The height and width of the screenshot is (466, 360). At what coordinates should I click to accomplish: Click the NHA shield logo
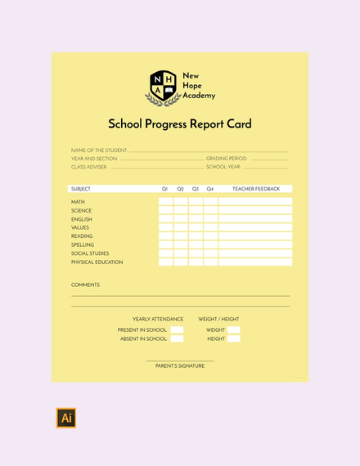coord(163,87)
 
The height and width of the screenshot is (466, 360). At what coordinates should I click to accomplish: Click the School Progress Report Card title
coord(180,124)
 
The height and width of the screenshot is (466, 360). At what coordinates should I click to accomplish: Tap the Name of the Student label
coord(99,150)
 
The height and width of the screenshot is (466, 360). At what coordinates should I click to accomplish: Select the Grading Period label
coord(226,159)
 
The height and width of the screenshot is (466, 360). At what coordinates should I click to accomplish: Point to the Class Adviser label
coord(89,167)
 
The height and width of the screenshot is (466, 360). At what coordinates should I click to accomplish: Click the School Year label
coord(223,167)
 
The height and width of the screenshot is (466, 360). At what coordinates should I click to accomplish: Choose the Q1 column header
coord(165,189)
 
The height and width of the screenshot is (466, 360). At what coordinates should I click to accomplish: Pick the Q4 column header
coord(210,189)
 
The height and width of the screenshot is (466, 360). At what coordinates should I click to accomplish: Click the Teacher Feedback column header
coord(255,189)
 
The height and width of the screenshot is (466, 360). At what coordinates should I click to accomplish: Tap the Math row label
coord(78,202)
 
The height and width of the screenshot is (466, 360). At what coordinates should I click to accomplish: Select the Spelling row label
coord(83,244)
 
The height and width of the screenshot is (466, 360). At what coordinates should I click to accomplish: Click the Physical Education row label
coord(97,262)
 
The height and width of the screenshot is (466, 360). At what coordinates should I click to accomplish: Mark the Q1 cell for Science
coord(165,211)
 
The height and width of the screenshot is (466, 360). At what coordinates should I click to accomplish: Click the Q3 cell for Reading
coord(196,236)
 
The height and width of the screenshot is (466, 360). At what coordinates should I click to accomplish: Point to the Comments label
coord(85,285)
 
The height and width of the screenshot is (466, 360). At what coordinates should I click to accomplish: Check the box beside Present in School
coord(177,330)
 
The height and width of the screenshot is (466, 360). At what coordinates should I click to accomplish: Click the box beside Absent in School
coord(177,338)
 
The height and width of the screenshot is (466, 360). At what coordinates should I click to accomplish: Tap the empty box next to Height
coord(234,338)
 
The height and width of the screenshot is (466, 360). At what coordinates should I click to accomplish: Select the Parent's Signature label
coord(180,366)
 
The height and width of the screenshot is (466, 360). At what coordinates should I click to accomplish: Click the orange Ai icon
coord(66,418)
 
